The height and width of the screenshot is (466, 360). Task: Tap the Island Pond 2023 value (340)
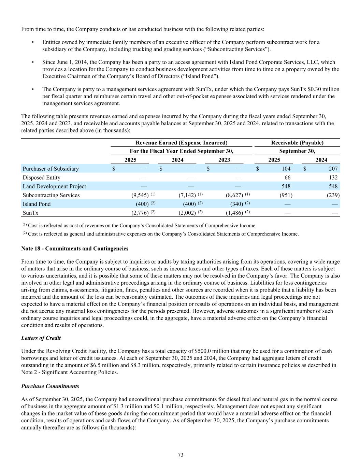click(x=236, y=204)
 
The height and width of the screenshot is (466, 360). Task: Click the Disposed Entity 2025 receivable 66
click(x=287, y=178)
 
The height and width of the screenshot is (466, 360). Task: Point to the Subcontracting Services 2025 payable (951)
click(x=286, y=195)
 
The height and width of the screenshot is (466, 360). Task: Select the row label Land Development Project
click(x=54, y=186)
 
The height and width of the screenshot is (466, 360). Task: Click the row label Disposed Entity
click(x=41, y=178)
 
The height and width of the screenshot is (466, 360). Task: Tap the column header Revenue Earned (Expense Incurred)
click(x=181, y=143)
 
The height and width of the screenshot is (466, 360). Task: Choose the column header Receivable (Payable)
click(x=297, y=143)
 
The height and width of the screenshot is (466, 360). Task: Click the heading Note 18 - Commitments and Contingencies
click(x=75, y=249)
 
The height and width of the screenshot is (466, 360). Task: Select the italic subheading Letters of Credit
click(x=41, y=338)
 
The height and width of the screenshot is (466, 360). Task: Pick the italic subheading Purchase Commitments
click(x=50, y=386)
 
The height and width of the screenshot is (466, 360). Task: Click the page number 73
click(x=181, y=455)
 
